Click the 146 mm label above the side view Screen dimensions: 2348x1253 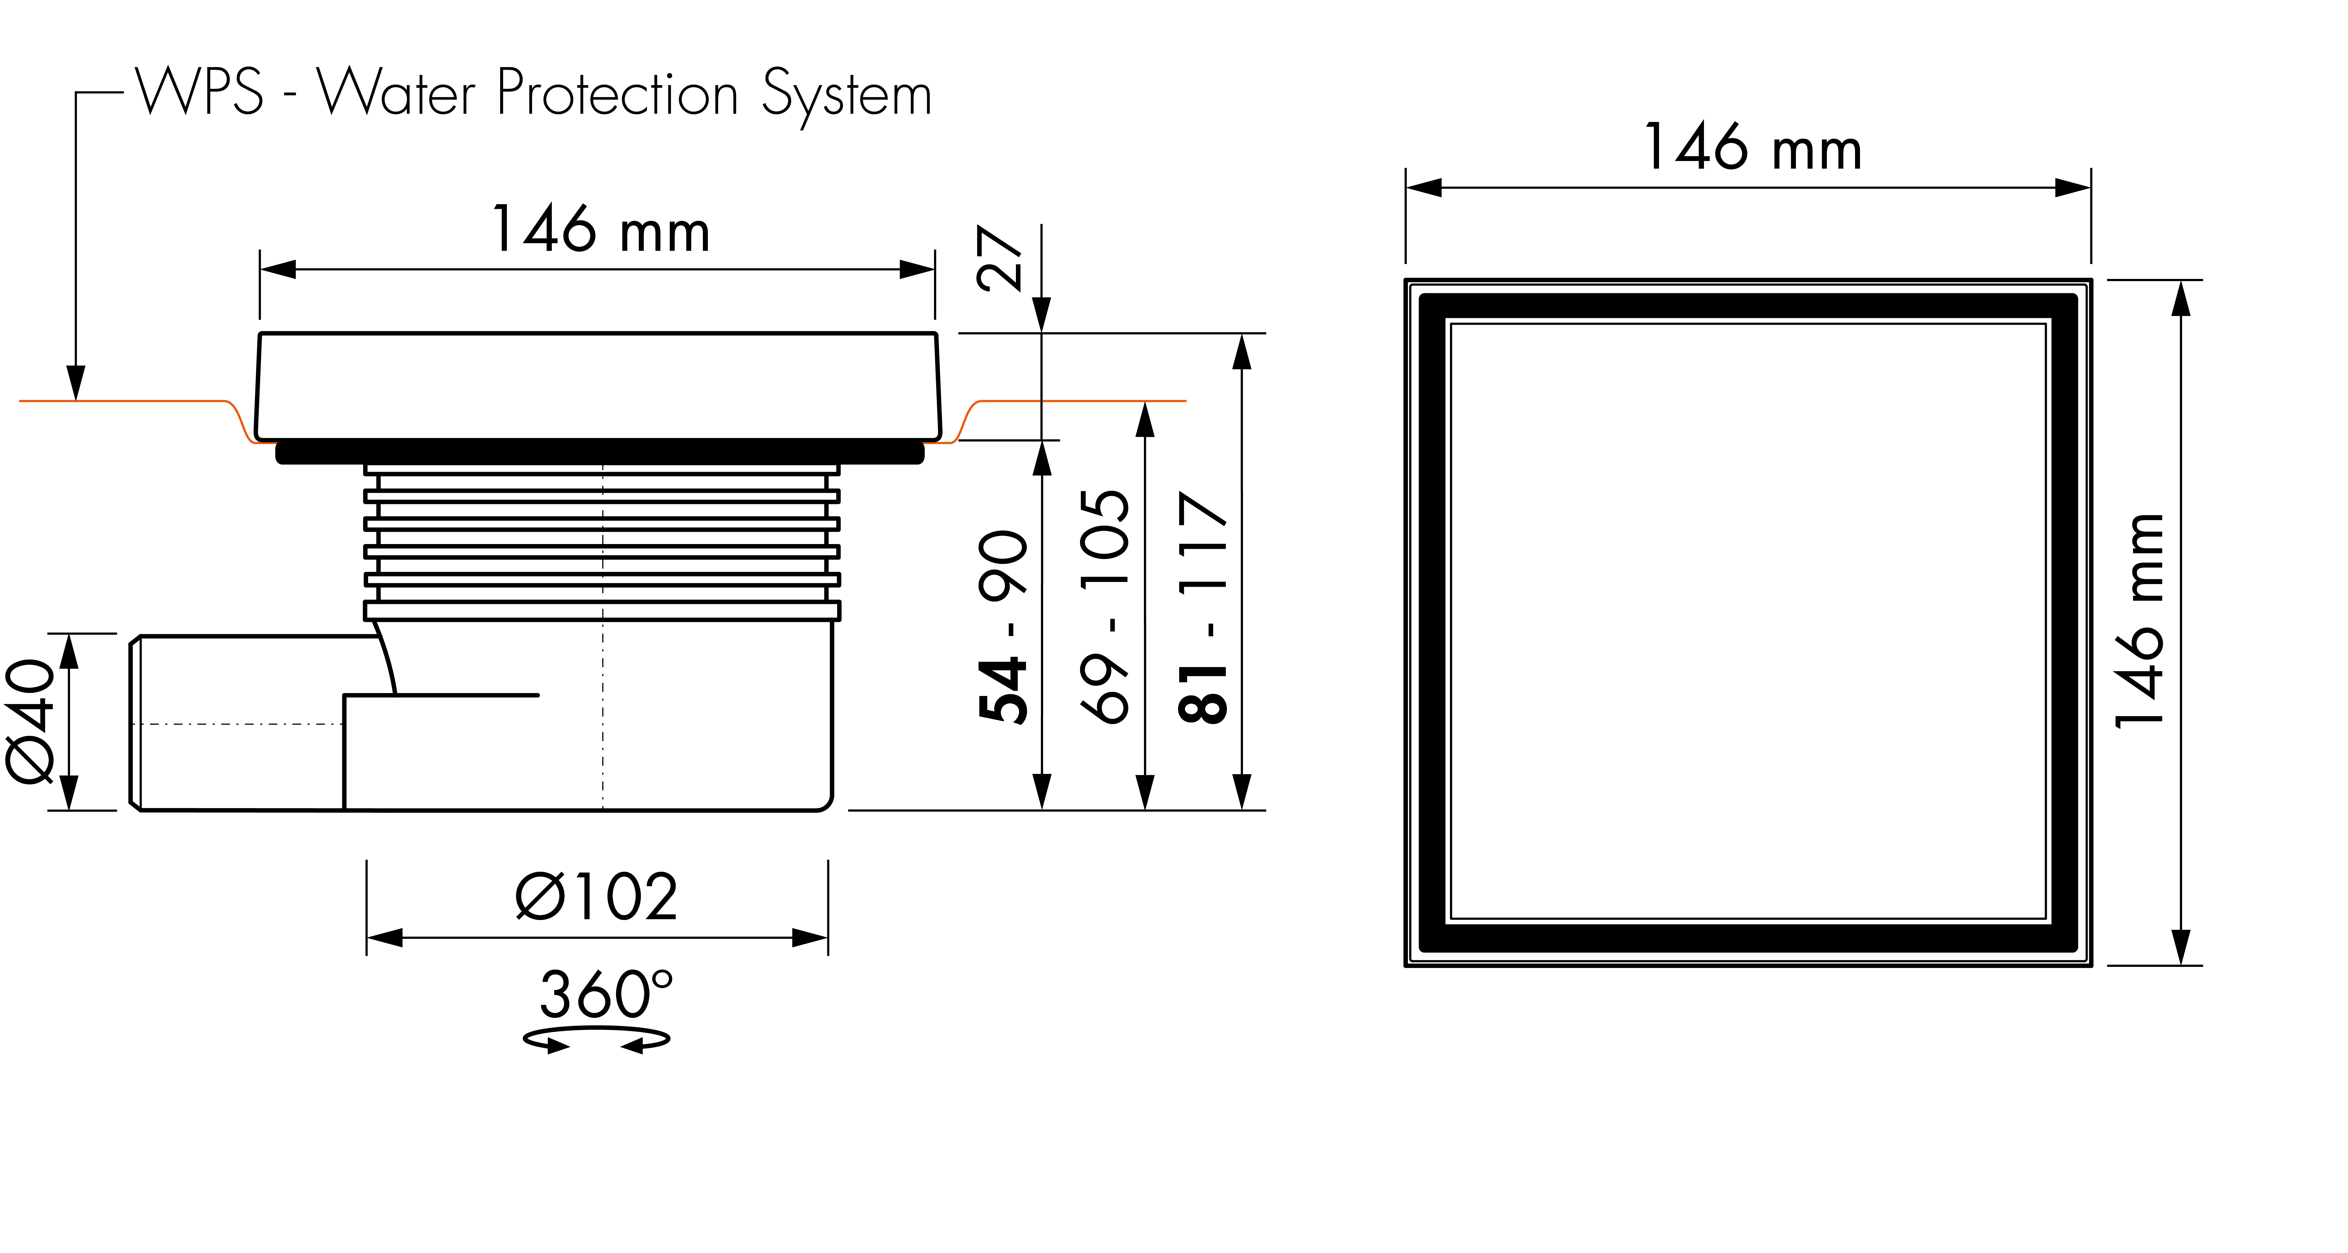pyautogui.click(x=600, y=229)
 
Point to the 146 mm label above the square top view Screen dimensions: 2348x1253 pyautogui.click(x=1752, y=148)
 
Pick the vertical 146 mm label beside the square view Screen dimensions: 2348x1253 pyautogui.click(x=2138, y=621)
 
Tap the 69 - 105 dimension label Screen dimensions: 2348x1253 pyautogui.click(x=1104, y=606)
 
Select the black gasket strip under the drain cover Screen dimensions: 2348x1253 pyautogui.click(x=600, y=452)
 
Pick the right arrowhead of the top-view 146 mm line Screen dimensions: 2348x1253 pyautogui.click(x=2073, y=188)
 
